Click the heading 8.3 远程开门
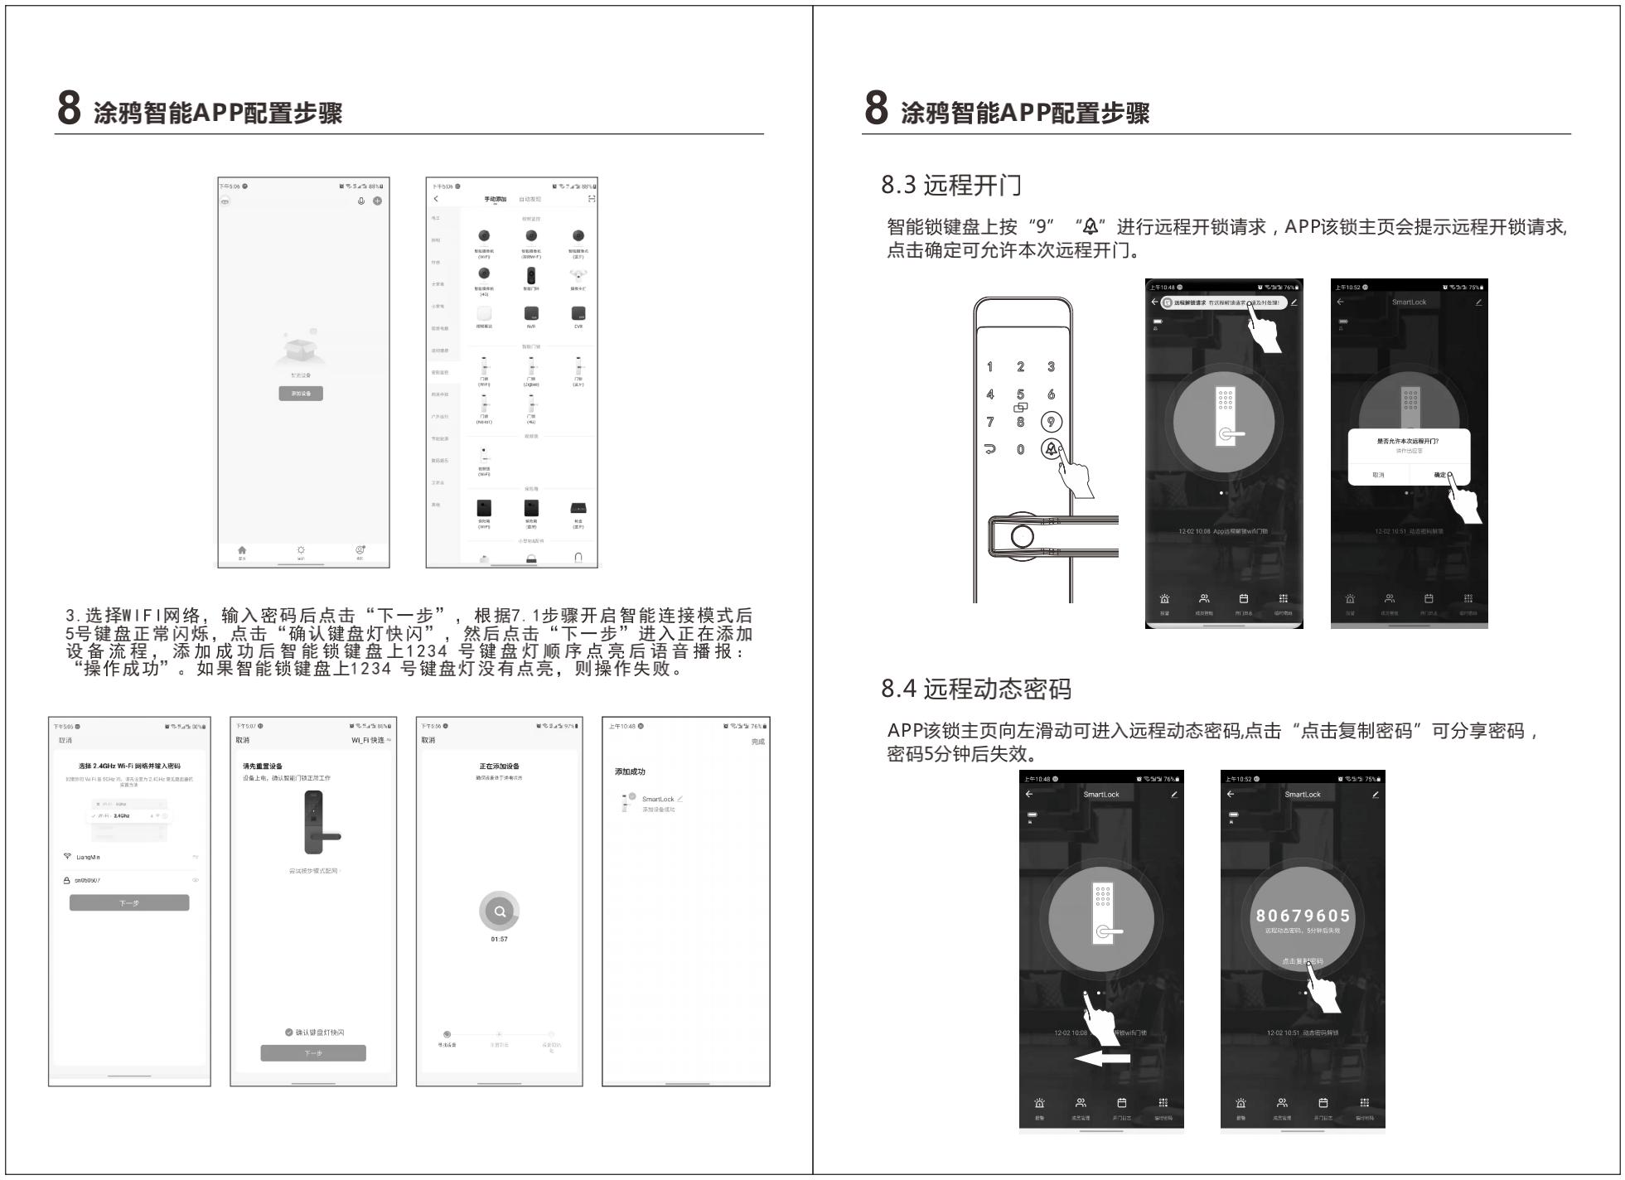point(950,185)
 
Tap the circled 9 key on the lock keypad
point(1051,422)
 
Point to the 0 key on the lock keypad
point(1020,449)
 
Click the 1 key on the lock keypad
point(989,366)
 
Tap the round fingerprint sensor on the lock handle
point(1022,536)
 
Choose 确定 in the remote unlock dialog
point(1440,475)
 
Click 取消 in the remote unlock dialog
point(1378,475)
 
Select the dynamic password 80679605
point(1303,916)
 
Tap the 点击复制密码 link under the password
point(1302,961)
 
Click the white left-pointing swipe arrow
point(1102,1058)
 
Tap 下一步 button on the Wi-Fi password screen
point(129,902)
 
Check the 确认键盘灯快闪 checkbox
point(289,1032)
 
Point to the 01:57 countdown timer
point(499,939)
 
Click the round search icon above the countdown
point(499,912)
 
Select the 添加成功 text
point(630,771)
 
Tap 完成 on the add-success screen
point(757,742)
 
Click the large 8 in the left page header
point(69,108)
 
